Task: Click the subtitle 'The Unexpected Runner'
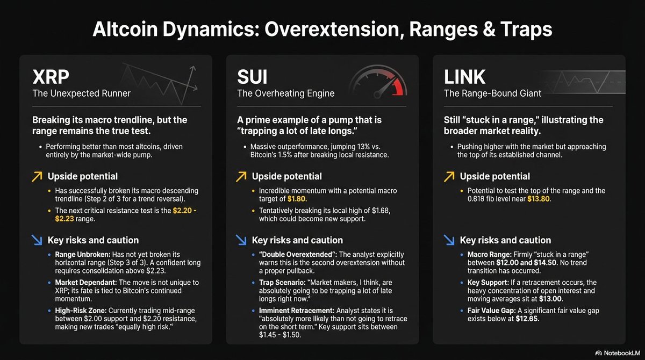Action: [81, 93]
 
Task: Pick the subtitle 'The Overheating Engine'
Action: [286, 93]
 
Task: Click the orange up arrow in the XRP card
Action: [38, 176]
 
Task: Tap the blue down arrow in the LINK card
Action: [449, 240]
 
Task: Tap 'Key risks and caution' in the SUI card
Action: [297, 240]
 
